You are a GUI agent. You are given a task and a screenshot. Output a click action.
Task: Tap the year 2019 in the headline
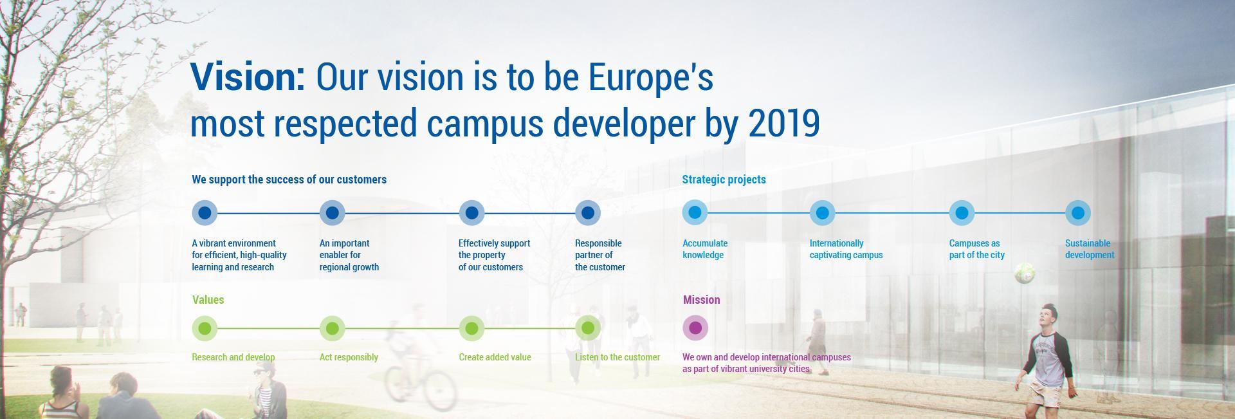(x=784, y=122)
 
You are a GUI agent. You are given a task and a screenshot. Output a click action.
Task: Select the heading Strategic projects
(x=724, y=180)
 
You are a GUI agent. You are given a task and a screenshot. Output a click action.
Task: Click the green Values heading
(x=208, y=300)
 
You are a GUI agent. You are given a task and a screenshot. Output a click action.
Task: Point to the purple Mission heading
(x=701, y=300)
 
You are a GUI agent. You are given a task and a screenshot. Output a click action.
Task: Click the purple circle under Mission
(x=695, y=328)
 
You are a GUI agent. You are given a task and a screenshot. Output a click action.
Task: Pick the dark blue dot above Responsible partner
(x=587, y=212)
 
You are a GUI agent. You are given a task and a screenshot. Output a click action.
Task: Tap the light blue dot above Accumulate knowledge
(x=695, y=212)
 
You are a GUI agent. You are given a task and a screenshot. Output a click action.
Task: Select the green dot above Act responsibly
(x=332, y=328)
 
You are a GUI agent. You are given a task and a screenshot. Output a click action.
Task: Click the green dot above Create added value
(x=471, y=328)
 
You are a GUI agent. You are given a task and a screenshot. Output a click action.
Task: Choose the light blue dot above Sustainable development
(x=1077, y=212)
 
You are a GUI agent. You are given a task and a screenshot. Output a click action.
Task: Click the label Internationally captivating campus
(x=846, y=249)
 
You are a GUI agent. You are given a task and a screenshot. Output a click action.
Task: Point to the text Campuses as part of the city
(x=976, y=249)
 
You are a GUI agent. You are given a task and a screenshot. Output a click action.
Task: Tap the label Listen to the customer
(x=617, y=357)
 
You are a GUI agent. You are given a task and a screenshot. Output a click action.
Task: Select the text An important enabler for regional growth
(x=349, y=255)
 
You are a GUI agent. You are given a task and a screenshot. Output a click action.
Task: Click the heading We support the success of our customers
(x=289, y=180)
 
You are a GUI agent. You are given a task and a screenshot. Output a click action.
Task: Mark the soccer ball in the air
(x=1025, y=274)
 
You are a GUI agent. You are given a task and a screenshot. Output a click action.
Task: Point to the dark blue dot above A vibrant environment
(x=205, y=212)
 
